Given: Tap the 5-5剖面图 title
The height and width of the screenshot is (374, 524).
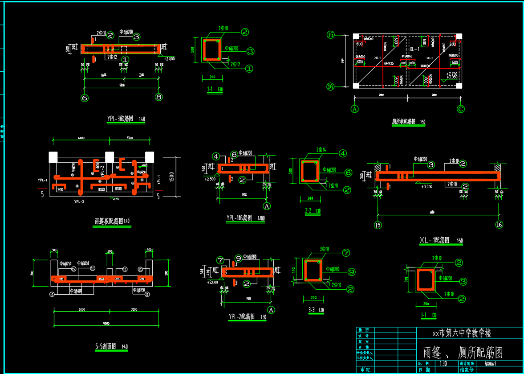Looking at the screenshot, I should point(106,346).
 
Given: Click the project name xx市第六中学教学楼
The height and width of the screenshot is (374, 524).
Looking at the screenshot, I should point(462,333).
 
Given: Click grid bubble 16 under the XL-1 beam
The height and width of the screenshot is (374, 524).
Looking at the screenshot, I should point(499,225).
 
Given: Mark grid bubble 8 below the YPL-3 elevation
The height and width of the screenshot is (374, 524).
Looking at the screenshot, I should point(159,97).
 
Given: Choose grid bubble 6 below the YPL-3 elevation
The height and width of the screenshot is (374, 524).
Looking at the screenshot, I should point(85,97).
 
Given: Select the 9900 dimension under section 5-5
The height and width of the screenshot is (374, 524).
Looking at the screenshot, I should point(106,323).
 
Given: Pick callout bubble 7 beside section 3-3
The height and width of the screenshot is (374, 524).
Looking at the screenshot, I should point(346,253).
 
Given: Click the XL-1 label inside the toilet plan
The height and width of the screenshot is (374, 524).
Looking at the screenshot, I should point(414,49).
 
